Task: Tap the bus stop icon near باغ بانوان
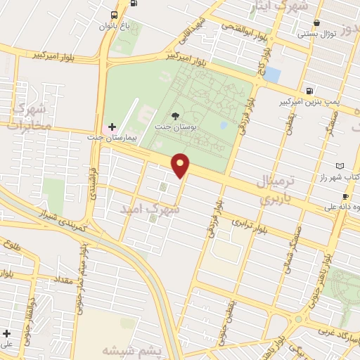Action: point(115,15)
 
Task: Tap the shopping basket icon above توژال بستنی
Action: point(317,23)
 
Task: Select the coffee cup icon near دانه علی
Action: point(345,196)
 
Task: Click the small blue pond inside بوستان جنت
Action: point(224,125)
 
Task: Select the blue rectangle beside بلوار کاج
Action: point(272,74)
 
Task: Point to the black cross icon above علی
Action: point(7,333)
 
